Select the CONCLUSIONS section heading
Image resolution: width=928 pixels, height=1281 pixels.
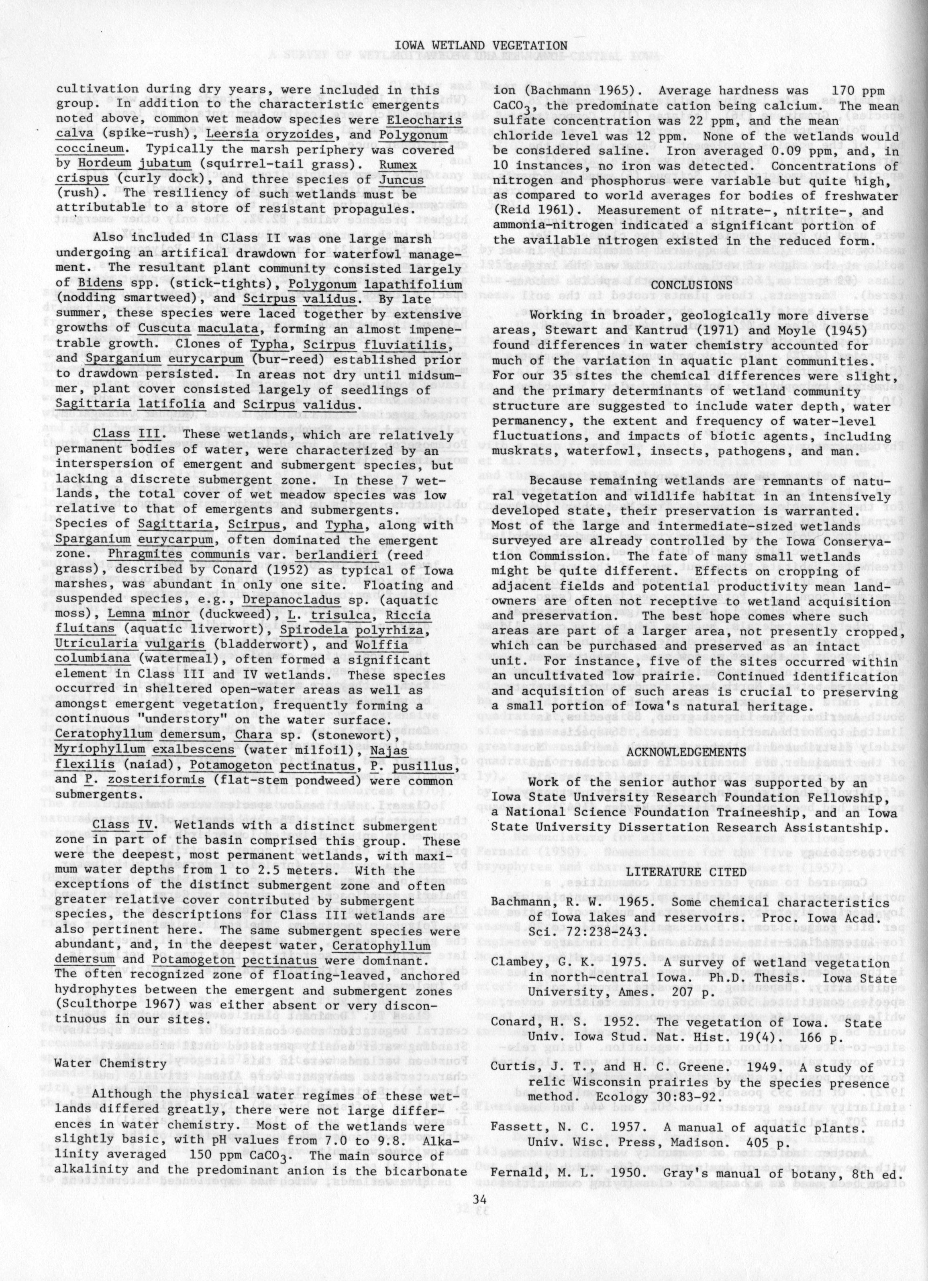pyautogui.click(x=691, y=285)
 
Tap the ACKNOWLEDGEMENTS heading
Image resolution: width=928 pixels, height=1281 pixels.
pyautogui.click(x=691, y=752)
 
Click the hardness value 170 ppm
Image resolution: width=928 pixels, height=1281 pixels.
pyautogui.click(x=864, y=91)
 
